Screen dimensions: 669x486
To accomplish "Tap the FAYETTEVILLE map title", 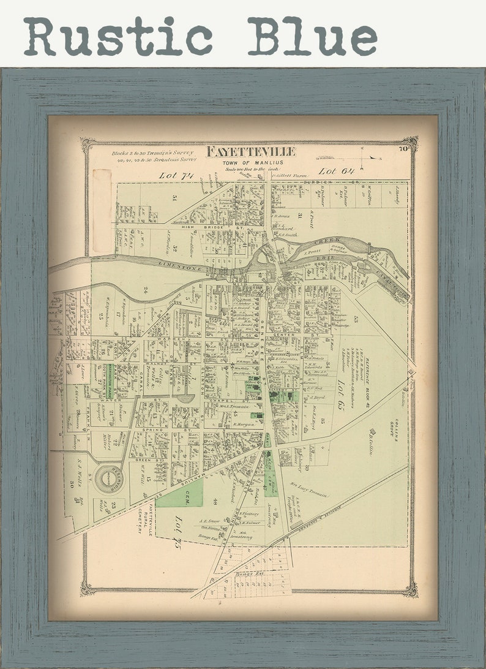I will coord(251,151).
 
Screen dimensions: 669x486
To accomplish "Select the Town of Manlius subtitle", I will coord(250,162).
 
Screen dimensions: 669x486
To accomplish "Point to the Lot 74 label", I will coord(176,175).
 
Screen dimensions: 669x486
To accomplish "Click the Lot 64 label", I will coord(336,171).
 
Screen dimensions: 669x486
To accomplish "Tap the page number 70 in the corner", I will coord(403,148).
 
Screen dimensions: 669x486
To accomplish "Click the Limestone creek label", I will coord(184,263).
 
